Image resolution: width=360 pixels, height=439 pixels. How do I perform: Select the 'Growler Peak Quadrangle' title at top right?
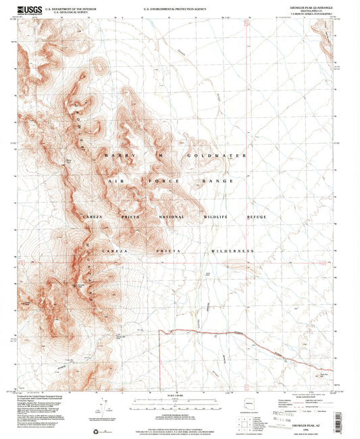[x=315, y=8]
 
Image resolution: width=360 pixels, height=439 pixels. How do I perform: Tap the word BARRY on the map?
[x=117, y=155]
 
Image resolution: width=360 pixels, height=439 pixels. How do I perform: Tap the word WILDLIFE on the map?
[x=217, y=217]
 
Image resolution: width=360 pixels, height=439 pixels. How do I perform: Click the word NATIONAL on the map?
[x=170, y=217]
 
